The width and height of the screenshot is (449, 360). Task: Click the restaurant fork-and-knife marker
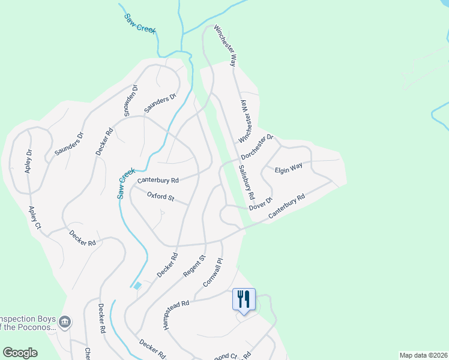pyautogui.click(x=244, y=299)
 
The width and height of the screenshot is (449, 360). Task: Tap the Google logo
pyautogui.click(x=20, y=353)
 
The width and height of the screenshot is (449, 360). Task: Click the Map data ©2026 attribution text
pyautogui.click(x=423, y=355)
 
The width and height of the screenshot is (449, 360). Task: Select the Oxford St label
pyautogui.click(x=160, y=196)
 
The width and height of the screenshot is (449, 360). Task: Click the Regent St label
pyautogui.click(x=194, y=266)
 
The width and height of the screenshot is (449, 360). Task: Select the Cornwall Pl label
pyautogui.click(x=213, y=271)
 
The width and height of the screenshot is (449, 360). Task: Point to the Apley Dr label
pyautogui.click(x=28, y=161)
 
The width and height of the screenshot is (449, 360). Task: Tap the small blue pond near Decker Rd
pyautogui.click(x=138, y=286)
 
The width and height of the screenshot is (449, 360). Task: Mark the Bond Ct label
pyautogui.click(x=223, y=355)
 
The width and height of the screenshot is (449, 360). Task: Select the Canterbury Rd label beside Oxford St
pyautogui.click(x=158, y=180)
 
